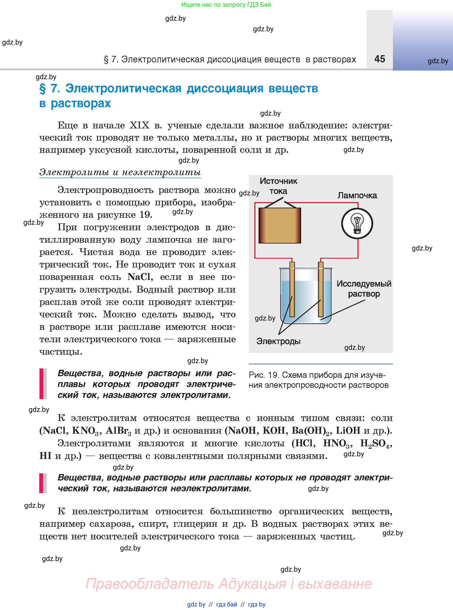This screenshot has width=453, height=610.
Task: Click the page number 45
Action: tap(380, 59)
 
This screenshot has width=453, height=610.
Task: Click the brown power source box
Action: tap(280, 225)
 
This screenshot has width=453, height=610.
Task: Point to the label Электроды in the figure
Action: tap(278, 341)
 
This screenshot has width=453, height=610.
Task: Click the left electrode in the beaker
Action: tap(292, 291)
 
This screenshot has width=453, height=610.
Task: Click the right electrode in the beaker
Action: tap(321, 291)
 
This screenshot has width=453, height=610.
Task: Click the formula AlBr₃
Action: tap(118, 431)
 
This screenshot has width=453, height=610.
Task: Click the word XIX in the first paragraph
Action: tap(139, 125)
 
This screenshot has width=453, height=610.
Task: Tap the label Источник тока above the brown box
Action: tap(278, 186)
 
